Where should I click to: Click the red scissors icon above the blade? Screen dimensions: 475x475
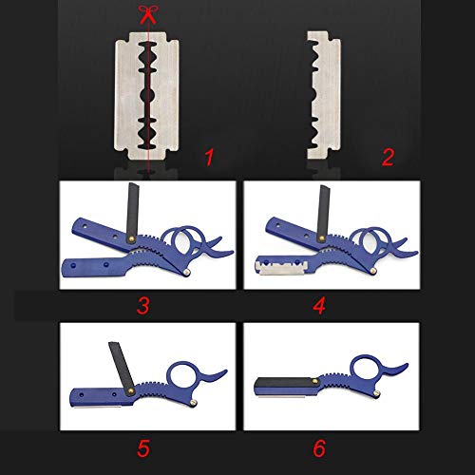coord(148,14)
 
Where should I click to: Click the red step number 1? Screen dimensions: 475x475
coord(209,158)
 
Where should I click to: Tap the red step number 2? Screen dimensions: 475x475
coord(388,158)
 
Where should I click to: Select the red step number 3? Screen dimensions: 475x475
coord(143,306)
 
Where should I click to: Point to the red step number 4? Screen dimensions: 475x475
coord(319,306)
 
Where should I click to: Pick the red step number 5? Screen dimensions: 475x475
coord(143,448)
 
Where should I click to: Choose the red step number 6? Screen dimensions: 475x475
coord(319,448)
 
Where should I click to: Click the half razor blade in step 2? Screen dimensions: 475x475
coord(325,95)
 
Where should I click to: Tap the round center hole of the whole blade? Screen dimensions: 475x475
coord(147,94)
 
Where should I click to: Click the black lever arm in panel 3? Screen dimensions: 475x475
coord(133,212)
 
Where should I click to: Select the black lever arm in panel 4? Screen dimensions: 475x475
coord(323,213)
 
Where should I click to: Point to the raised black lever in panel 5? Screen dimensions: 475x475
coord(122,369)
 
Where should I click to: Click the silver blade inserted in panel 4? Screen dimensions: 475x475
coord(281,268)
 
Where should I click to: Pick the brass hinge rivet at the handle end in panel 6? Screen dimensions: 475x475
coord(377,393)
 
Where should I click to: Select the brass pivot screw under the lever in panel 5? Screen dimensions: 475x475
coord(130,391)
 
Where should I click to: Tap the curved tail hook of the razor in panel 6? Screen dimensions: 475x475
coord(395,370)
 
